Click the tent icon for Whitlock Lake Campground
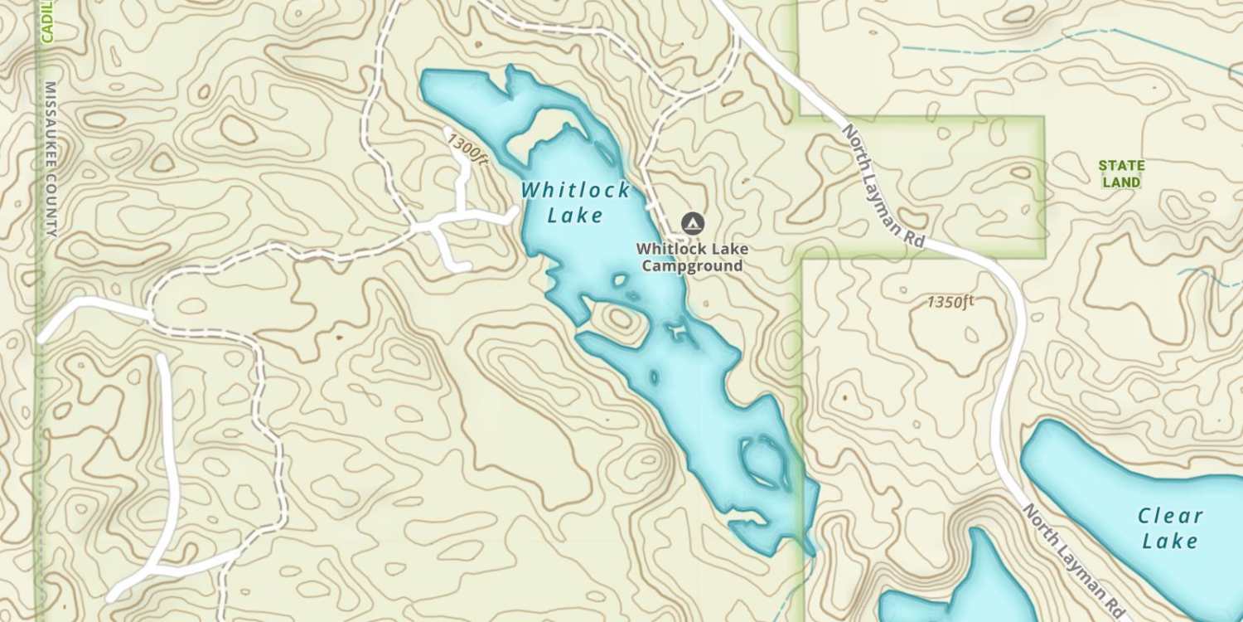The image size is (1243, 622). (692, 222)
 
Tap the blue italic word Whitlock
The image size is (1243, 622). (576, 190)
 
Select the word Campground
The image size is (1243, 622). (692, 266)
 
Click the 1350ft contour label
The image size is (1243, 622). (950, 301)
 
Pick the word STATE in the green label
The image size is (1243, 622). (1121, 165)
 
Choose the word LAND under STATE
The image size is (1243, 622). (1121, 182)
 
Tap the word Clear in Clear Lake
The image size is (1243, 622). (1170, 516)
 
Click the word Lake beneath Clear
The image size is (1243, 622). (1170, 542)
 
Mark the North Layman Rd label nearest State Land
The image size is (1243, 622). (883, 185)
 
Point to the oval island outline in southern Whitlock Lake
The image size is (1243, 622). (765, 462)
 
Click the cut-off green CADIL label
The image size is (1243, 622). (47, 21)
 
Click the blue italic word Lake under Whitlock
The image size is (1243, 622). (575, 216)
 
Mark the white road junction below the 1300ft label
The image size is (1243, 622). (435, 223)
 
